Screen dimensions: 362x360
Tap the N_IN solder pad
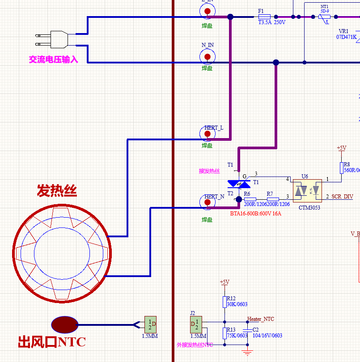tap(207, 57)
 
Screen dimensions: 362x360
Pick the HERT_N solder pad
tap(207, 202)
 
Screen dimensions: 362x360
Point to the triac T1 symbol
tap(238, 183)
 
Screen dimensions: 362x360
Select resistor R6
tap(250, 199)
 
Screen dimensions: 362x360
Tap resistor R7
tap(273, 199)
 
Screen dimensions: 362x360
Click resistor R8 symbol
tap(341, 168)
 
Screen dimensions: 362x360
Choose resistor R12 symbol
tap(224, 302)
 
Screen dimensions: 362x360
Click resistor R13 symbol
tap(224, 333)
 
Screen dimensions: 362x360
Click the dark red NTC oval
tap(65, 325)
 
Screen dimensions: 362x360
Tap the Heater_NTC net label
tap(261, 319)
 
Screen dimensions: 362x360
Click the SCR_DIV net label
tap(342, 197)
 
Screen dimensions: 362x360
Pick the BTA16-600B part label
tap(255, 214)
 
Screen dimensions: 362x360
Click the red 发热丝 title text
tap(57, 191)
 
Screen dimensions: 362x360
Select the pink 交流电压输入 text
tap(53, 59)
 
